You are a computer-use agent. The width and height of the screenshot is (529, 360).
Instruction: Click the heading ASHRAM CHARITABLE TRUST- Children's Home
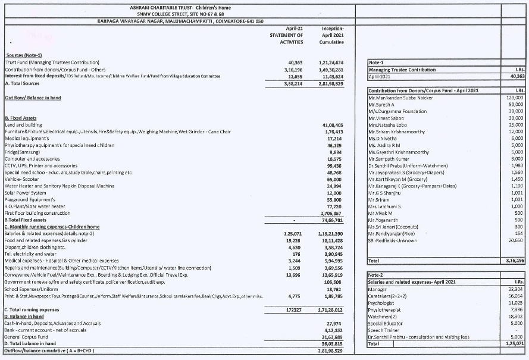(x=180, y=7)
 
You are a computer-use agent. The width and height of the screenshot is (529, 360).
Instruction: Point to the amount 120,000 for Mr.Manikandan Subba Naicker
(x=514, y=97)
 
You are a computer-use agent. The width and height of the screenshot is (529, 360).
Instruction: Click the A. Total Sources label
(x=23, y=83)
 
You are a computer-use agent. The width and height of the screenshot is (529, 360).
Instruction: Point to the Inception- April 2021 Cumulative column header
(x=332, y=35)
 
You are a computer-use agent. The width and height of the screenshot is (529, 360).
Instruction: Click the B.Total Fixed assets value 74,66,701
(x=332, y=220)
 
